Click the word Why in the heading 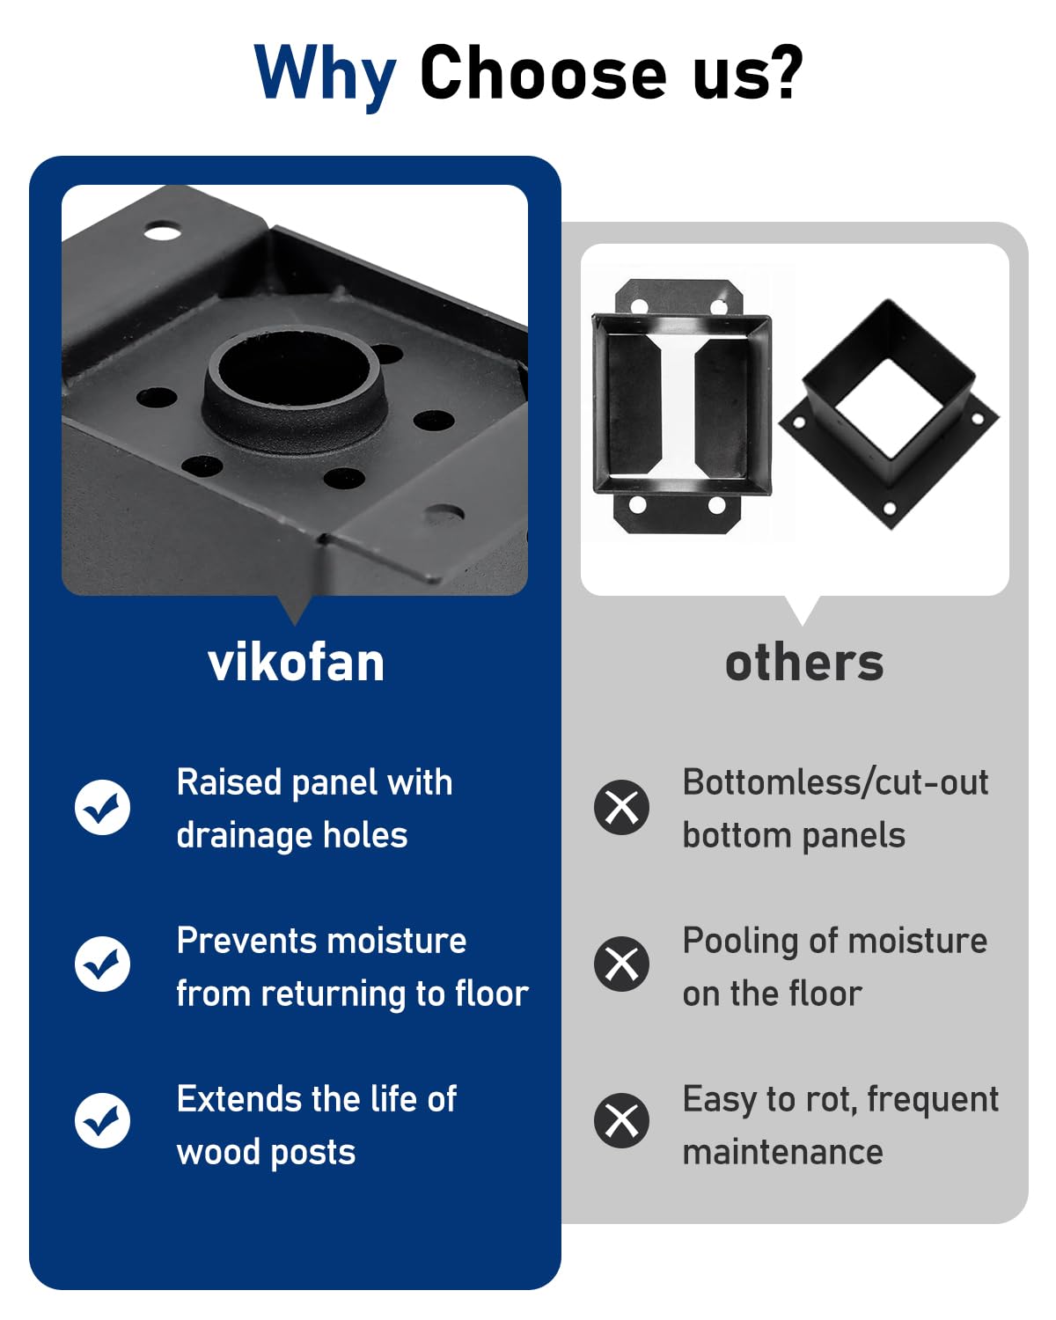coord(325,75)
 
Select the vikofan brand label coord(296,663)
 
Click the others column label coord(803,663)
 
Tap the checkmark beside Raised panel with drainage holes coord(103,807)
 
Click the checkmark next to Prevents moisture coord(103,964)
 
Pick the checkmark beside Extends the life coord(103,1120)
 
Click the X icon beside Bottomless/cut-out coord(621,807)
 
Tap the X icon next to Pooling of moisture coord(621,964)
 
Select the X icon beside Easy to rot coord(621,1120)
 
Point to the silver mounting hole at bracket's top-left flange coord(162,233)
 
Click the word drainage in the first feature coord(246,836)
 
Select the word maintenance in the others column coord(782,1152)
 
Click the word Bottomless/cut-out coord(835,782)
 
